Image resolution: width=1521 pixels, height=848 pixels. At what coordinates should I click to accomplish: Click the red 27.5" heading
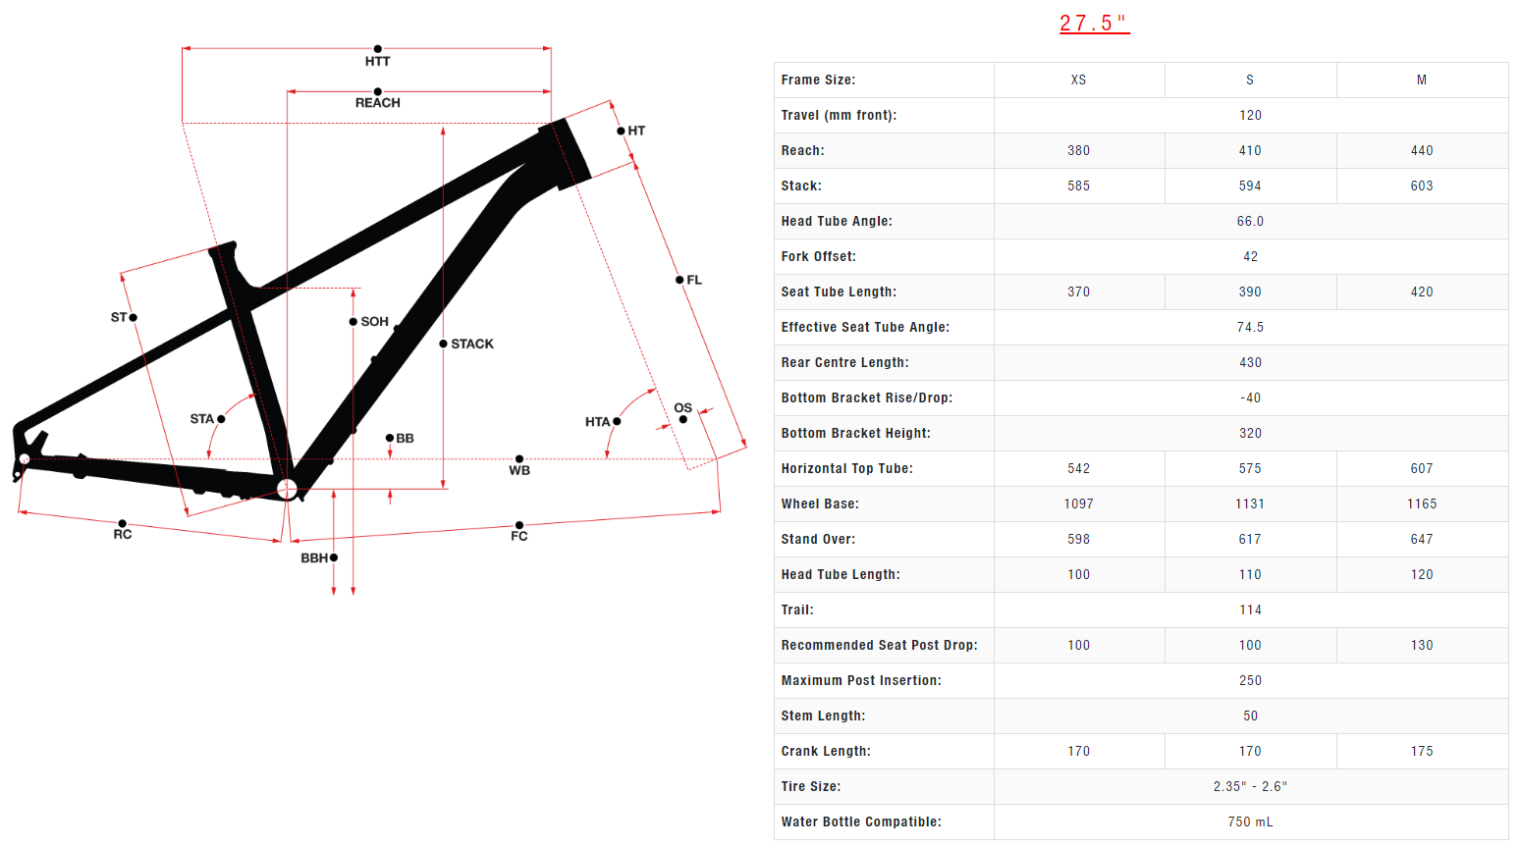[x=1094, y=23]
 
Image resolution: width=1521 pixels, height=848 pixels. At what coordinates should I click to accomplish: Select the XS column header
[x=1078, y=79]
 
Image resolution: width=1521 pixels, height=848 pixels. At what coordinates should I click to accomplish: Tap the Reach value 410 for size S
[x=1250, y=150]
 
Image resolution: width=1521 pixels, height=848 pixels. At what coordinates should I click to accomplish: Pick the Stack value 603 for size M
[x=1421, y=185]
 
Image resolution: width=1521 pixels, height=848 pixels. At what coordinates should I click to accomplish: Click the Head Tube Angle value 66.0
[x=1250, y=221]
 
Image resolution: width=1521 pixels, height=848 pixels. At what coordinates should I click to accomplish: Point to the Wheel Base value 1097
[x=1078, y=503]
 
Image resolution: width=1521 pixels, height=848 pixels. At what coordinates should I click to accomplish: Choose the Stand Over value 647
[x=1421, y=539]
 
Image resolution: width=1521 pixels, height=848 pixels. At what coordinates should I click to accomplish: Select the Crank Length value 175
[x=1421, y=751]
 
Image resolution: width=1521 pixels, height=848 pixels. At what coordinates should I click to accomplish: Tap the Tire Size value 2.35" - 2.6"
[x=1250, y=786]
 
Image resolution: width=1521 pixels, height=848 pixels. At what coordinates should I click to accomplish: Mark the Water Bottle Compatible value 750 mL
[x=1250, y=821]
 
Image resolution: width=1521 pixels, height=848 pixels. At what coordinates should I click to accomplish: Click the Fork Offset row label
[x=819, y=256]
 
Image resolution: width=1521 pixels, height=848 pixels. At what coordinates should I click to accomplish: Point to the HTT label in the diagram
[x=377, y=61]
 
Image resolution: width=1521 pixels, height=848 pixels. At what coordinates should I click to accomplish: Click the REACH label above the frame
[x=377, y=102]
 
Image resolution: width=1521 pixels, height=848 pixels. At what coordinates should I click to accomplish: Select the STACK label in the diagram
[x=471, y=344]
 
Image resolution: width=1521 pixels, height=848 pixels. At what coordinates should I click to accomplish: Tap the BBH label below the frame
[x=314, y=557]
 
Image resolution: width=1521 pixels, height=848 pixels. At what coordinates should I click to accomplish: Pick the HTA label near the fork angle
[x=597, y=422]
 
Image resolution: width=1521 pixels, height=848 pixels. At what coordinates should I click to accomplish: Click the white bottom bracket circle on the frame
[x=287, y=489]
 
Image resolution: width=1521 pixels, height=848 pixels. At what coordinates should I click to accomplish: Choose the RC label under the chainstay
[x=122, y=534]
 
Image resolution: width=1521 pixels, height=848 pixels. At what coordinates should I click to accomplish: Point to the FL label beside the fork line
[x=694, y=280]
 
